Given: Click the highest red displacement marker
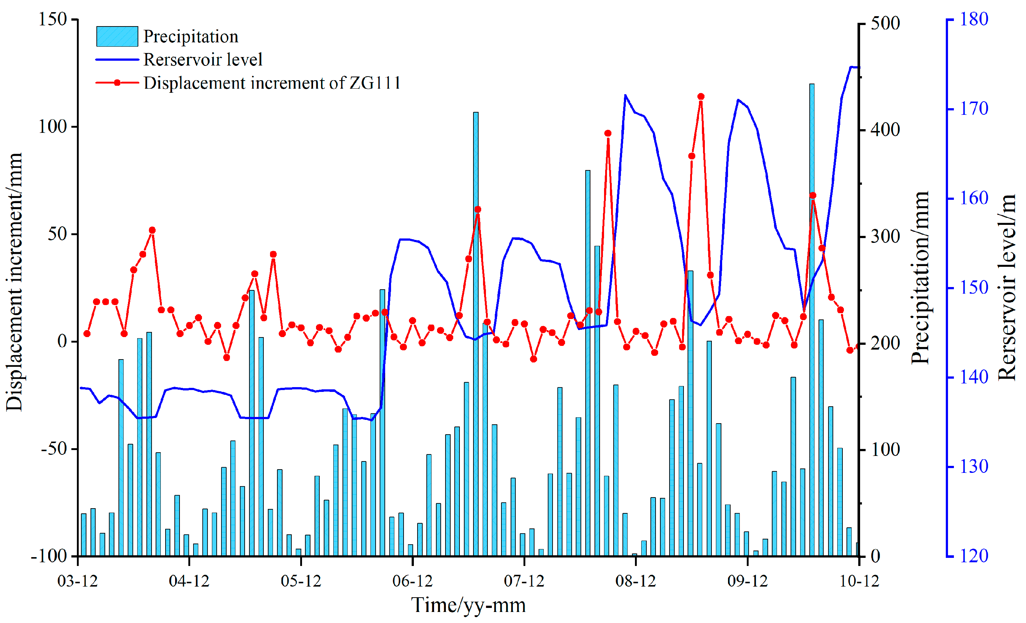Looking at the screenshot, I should [x=701, y=97].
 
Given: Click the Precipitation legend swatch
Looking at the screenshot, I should [x=117, y=36].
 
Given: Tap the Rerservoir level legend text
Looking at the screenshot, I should [x=203, y=60].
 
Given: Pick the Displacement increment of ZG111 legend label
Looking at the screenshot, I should [x=272, y=83].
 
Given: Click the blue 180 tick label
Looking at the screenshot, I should [x=973, y=19].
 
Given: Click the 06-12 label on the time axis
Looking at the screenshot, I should [x=412, y=581].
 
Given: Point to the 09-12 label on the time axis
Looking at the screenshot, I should [x=748, y=581].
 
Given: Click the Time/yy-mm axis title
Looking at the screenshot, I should [x=468, y=605].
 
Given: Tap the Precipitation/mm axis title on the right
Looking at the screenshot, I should [x=920, y=278].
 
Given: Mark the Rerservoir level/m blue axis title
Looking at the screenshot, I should [x=1007, y=287].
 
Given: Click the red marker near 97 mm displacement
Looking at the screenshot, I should [x=607, y=133].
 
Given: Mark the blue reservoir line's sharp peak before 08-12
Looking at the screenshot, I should [x=625, y=95].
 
